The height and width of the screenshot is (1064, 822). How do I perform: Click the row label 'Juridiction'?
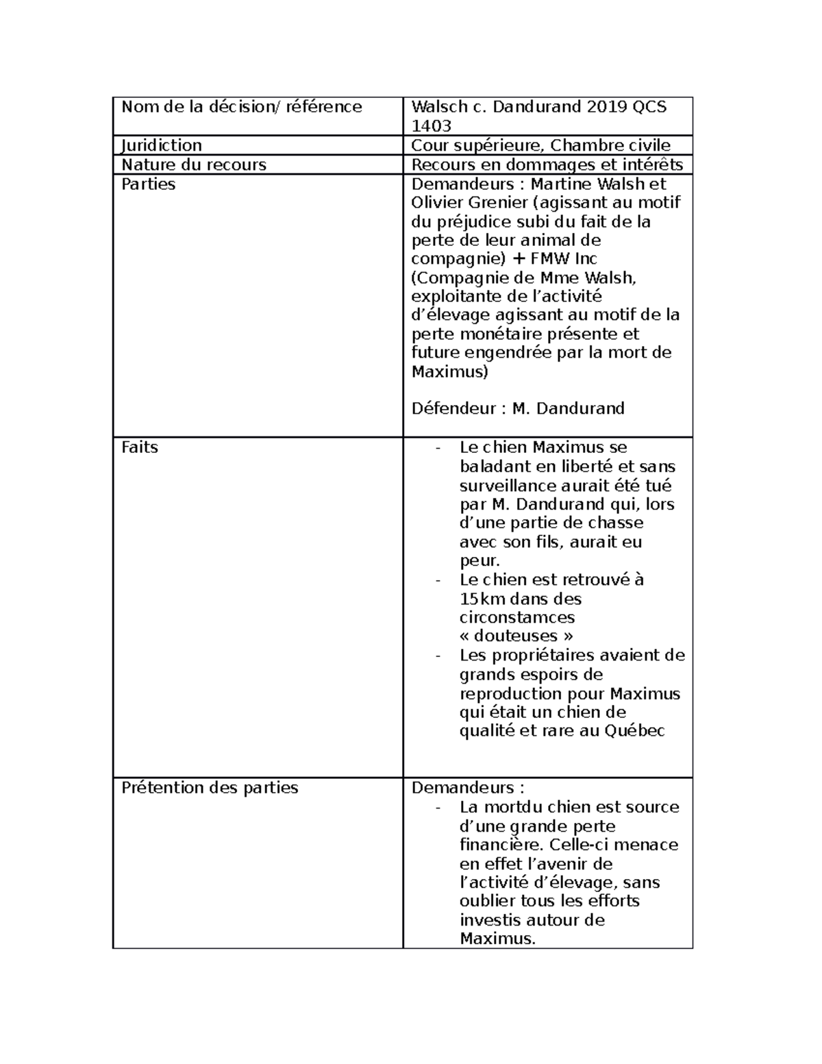[162, 145]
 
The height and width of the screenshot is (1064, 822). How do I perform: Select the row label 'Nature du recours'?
[194, 164]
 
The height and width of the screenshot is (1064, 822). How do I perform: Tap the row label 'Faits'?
[140, 447]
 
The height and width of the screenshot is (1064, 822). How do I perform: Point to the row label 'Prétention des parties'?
[210, 788]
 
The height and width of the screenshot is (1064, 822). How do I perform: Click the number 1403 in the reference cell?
[431, 125]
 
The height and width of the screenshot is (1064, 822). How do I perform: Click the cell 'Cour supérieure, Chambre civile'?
[540, 145]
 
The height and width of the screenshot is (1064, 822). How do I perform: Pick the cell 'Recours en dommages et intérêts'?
[547, 164]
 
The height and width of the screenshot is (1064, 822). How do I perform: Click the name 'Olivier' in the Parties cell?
[436, 203]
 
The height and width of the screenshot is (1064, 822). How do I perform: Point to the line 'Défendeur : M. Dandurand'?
[517, 409]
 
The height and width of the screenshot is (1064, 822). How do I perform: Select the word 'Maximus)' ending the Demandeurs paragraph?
[450, 372]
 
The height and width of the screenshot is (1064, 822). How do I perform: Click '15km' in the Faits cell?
[482, 599]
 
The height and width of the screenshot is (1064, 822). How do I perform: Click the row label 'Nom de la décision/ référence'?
[242, 107]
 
